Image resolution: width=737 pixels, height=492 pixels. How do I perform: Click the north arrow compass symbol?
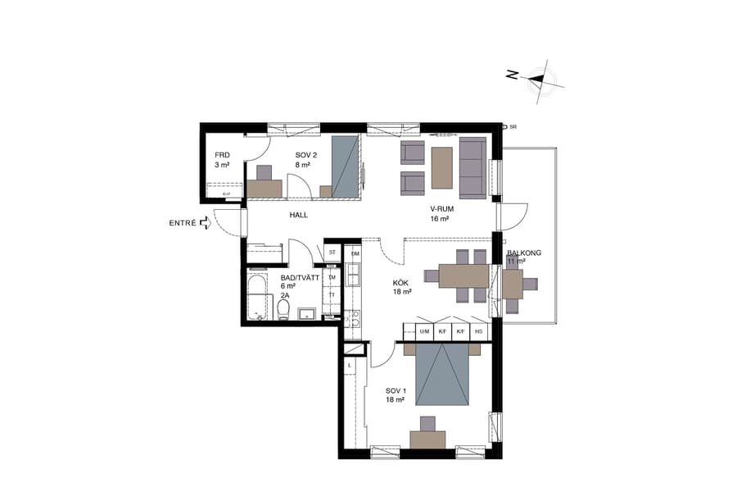[x=536, y=80]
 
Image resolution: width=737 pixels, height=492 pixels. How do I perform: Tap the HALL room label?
[x=298, y=215]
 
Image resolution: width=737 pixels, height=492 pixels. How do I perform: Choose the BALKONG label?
[x=524, y=253]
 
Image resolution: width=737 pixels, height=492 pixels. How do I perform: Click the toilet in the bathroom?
[x=283, y=308]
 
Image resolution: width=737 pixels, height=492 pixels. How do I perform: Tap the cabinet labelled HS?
[x=479, y=331]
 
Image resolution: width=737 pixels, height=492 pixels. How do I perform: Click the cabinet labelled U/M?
[x=424, y=331]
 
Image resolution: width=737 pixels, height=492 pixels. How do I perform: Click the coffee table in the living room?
[x=441, y=167]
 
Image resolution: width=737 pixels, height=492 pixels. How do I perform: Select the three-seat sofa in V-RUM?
[x=472, y=167]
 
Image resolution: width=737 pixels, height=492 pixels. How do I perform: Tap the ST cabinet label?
[x=332, y=253]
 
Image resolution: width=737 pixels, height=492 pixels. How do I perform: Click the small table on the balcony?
[x=513, y=285]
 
